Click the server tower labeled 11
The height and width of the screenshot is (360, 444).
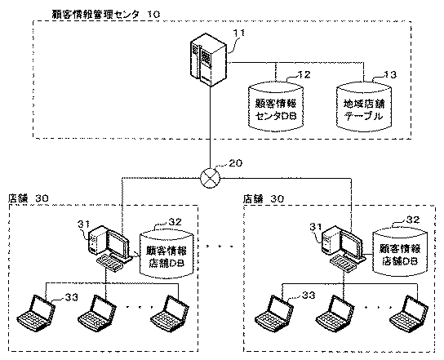click(x=208, y=60)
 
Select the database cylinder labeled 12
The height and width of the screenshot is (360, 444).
click(x=276, y=106)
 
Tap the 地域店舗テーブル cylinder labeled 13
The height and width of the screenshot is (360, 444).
click(x=364, y=107)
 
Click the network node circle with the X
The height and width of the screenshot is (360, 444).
click(x=210, y=178)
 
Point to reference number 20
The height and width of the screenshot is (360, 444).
click(x=235, y=163)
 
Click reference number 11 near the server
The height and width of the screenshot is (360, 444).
click(x=238, y=33)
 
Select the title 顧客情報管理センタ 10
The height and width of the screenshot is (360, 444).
click(x=106, y=14)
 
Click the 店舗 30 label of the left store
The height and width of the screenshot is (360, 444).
click(x=29, y=198)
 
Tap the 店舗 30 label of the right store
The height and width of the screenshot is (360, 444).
click(x=264, y=199)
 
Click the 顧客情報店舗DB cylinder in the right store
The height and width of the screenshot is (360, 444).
click(x=400, y=252)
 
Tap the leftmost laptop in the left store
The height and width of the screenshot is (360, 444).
click(x=36, y=313)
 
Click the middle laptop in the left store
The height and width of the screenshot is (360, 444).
click(x=97, y=313)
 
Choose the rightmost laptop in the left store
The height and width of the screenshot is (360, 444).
click(x=170, y=313)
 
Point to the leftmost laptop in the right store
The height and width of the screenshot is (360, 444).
click(x=273, y=313)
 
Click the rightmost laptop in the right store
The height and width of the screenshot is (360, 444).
click(x=409, y=313)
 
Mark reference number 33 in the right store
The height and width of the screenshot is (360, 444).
click(x=309, y=296)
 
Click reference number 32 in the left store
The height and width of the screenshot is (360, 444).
click(x=175, y=221)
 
